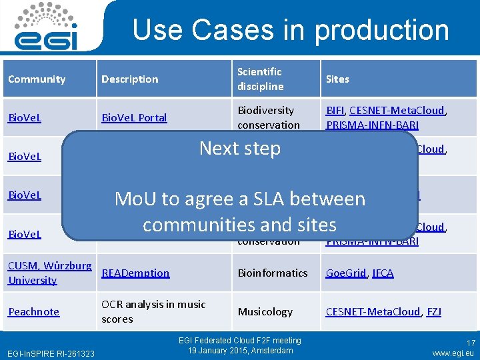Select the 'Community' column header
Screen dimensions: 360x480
point(37,79)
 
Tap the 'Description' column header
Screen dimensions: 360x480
point(129,79)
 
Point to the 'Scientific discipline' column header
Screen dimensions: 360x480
point(261,79)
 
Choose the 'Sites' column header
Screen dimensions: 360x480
point(337,79)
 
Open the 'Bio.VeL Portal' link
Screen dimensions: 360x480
point(134,118)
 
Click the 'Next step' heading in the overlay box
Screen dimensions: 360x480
point(240,148)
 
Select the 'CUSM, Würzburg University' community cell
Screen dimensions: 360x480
point(49,273)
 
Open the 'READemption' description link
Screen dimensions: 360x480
point(135,273)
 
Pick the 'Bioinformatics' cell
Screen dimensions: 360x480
point(273,273)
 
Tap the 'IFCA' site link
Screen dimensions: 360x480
point(383,273)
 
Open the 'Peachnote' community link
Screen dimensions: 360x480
point(33,311)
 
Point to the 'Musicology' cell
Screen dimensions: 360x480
point(265,311)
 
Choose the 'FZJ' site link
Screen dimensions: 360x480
point(434,311)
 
